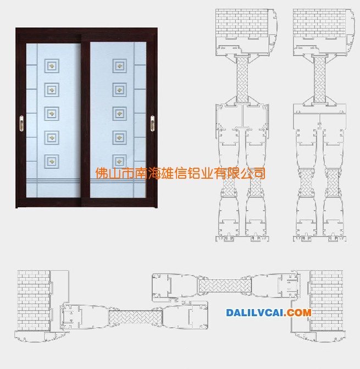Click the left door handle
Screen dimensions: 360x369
click(21, 123)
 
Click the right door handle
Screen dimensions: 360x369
click(152, 123)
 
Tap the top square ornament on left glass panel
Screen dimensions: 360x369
click(52, 65)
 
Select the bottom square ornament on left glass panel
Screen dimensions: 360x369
click(52, 162)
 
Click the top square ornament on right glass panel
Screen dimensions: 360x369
click(119, 65)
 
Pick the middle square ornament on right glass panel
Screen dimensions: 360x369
click(119, 114)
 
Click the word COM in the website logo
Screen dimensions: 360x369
click(299, 313)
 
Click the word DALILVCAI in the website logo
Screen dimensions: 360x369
click(255, 313)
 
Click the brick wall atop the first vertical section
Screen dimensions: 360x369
click(242, 23)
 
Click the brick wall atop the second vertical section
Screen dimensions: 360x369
click(319, 23)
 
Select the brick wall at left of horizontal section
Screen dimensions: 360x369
click(34, 300)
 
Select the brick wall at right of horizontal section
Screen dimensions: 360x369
click(326, 300)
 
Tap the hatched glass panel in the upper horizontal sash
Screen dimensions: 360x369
click(225, 286)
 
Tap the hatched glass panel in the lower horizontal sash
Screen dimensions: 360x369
click(136, 317)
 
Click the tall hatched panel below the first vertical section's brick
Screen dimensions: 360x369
click(242, 79)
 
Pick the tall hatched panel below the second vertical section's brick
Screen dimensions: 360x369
click(319, 79)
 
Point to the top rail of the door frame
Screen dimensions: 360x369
click(86, 31)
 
